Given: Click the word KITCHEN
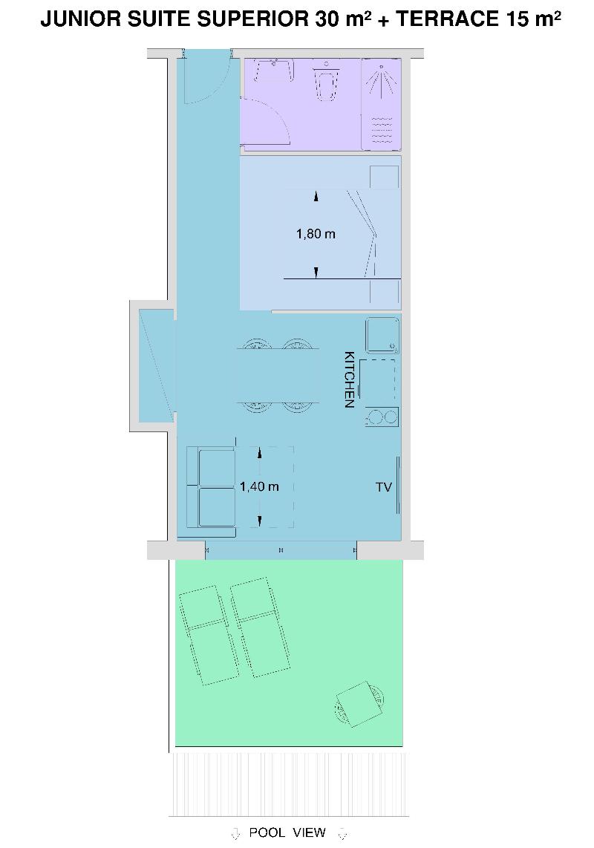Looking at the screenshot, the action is (350, 379).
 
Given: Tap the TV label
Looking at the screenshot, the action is (384, 487).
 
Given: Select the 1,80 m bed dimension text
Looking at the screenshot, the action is (316, 234).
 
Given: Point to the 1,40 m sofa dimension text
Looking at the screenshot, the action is (259, 486).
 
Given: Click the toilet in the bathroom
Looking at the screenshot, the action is (326, 82).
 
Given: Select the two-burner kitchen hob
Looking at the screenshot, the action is (382, 417).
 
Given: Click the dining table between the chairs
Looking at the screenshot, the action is (278, 376).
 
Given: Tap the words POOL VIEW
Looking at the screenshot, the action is (287, 832).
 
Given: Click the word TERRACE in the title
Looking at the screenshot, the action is (446, 19).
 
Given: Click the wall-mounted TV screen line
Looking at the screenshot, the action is (399, 485).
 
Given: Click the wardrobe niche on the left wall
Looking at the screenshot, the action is (157, 365).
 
